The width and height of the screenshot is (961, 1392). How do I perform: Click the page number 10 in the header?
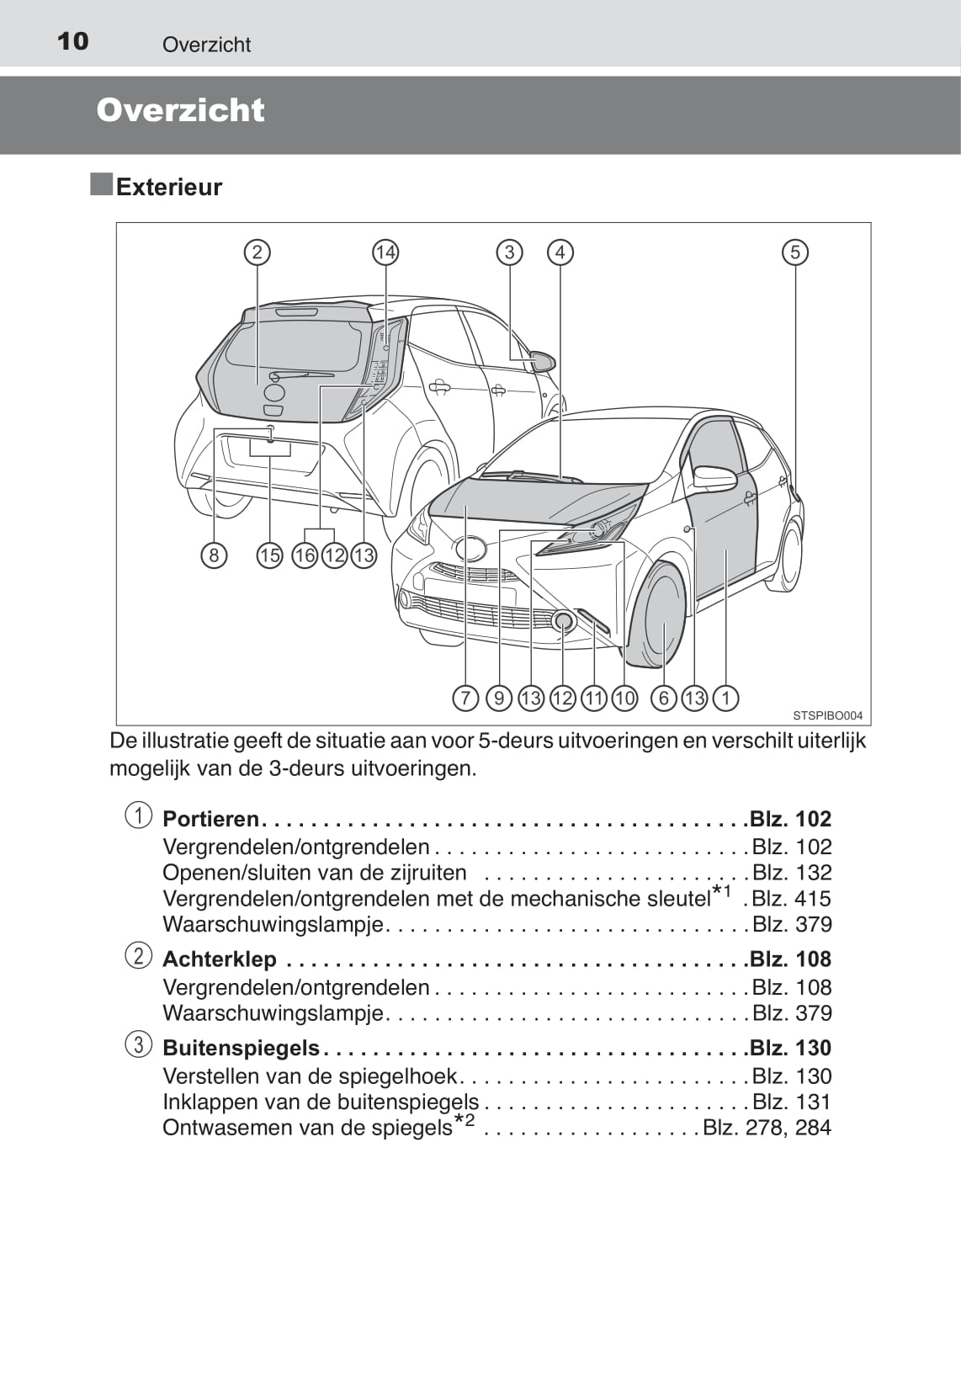coord(72,41)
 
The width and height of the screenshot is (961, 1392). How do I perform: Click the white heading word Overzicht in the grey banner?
coord(180,110)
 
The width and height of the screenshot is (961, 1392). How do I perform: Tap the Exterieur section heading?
coord(169,187)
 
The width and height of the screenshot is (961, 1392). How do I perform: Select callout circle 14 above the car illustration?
coord(385,252)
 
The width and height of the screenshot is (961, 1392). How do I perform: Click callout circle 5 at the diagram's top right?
coord(795,252)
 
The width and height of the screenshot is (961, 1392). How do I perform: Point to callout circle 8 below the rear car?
coord(214,555)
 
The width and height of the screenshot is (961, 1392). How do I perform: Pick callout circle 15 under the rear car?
coord(269,555)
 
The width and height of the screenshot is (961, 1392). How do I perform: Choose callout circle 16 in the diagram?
coord(305,555)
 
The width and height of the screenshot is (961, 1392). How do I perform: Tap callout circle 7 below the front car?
coord(465,698)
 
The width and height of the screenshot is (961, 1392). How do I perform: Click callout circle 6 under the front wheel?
coord(663,698)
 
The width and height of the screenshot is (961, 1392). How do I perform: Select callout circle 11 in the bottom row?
coord(594,698)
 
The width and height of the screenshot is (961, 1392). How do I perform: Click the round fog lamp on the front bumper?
coord(564,620)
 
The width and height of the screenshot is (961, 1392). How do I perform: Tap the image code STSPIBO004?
coord(827,716)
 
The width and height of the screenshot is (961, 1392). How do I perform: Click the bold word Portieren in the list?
coord(210,819)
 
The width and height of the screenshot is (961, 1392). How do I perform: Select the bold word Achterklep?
coord(220,959)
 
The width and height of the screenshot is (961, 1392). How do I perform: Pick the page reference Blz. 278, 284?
coord(767,1127)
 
